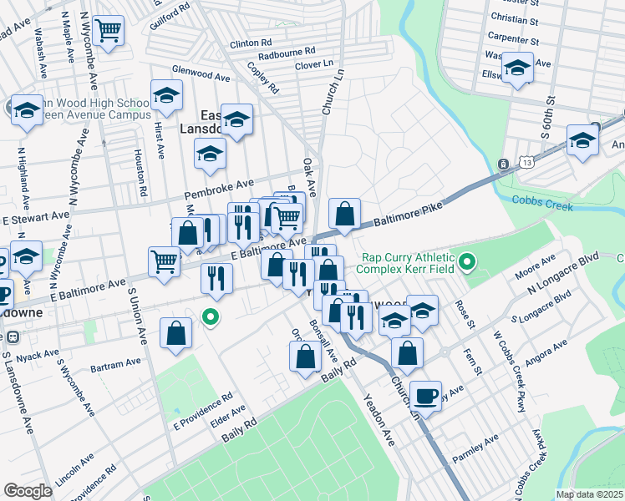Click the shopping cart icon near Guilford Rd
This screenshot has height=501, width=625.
[108, 32]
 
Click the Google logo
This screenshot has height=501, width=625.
[28, 491]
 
